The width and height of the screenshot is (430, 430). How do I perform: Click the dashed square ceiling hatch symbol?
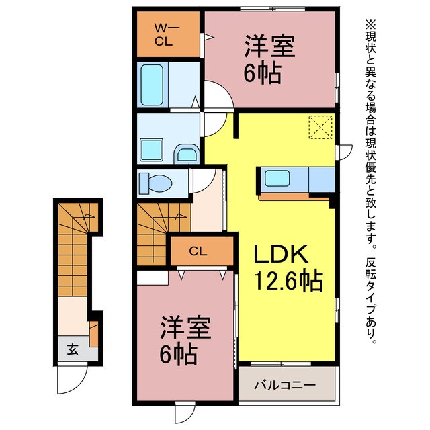320,128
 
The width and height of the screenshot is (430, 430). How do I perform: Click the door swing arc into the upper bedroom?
218,95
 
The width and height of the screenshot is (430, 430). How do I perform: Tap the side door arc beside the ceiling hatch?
343,152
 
